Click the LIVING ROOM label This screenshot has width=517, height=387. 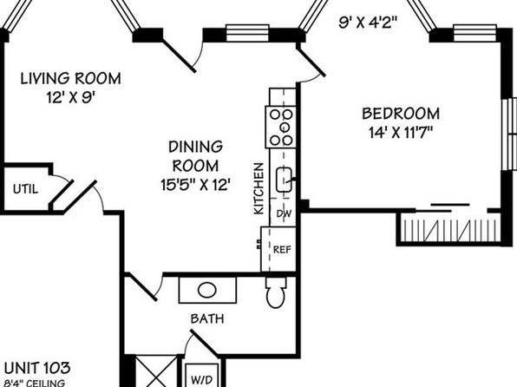(71, 78)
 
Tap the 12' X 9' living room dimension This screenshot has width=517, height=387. (71, 98)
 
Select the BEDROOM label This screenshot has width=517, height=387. (401, 114)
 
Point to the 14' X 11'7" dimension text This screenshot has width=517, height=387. (401, 133)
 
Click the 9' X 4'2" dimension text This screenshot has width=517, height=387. (368, 23)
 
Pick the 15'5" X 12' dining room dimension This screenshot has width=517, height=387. (195, 185)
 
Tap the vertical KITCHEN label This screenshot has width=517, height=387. (258, 188)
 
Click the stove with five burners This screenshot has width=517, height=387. (280, 128)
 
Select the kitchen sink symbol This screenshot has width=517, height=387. (284, 180)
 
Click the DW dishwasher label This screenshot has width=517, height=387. (284, 213)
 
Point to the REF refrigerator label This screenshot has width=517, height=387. (282, 250)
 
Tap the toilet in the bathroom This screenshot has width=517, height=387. (276, 292)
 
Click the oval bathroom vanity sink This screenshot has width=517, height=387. (207, 291)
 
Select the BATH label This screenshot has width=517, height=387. (207, 318)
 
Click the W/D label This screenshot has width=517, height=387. (202, 380)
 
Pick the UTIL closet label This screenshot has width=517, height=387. (26, 189)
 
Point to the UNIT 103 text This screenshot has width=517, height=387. (37, 368)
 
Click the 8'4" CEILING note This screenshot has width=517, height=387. (35, 384)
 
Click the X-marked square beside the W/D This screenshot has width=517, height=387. (157, 371)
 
